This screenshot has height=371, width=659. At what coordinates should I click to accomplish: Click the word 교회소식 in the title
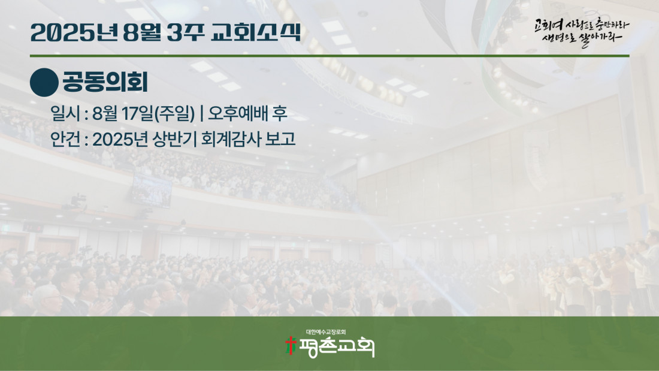[x=256, y=32]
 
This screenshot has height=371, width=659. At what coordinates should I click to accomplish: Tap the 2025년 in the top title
[x=74, y=32]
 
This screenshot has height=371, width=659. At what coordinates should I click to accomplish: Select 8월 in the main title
[x=142, y=32]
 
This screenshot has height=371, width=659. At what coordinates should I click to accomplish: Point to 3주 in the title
[x=185, y=32]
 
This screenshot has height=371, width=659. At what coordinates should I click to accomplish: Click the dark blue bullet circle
[x=44, y=83]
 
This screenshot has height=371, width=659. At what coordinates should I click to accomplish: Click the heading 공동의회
[x=105, y=82]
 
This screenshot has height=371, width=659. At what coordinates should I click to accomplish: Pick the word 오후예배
[x=238, y=113]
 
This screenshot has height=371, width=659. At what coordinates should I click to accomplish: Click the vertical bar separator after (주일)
[x=202, y=113]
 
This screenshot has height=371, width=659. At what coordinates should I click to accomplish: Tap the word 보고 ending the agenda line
[x=280, y=139]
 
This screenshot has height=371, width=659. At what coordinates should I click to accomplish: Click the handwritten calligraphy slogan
[x=582, y=32]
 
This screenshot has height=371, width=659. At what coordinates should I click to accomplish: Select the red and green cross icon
[x=291, y=345]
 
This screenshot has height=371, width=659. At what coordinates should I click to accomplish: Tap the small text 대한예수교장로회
[x=326, y=332]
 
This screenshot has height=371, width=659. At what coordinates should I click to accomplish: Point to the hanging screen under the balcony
[x=152, y=191]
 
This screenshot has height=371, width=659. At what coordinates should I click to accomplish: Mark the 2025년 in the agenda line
[x=119, y=139]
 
